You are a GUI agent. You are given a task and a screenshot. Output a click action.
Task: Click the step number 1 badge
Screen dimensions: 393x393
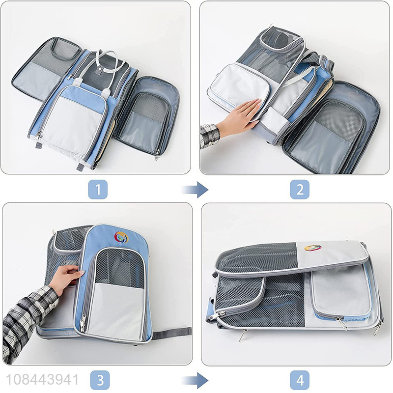click(x=98, y=189)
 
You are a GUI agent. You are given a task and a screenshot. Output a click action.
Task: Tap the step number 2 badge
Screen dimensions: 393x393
click(x=300, y=189)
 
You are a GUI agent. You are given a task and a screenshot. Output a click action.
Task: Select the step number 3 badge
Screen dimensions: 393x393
click(x=100, y=380)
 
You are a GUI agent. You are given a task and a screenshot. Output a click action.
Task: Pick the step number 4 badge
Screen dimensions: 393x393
click(x=300, y=380)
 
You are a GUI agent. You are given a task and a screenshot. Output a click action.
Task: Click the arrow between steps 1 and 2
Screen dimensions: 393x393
click(x=195, y=190)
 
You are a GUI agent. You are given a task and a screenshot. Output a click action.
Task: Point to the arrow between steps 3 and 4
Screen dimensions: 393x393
click(x=195, y=380)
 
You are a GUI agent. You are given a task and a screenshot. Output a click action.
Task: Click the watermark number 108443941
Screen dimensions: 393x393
click(x=42, y=380)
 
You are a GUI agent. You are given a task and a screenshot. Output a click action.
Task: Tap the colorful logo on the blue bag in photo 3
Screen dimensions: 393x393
click(x=121, y=237)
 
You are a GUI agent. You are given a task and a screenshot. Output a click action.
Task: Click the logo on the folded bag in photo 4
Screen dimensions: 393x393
click(x=313, y=248)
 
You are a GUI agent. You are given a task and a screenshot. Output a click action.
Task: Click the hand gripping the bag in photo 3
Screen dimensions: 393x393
click(x=66, y=278)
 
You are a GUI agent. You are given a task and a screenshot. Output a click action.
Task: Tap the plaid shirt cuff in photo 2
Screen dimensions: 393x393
click(x=210, y=136)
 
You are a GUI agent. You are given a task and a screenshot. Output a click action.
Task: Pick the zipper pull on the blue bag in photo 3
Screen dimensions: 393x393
click(x=83, y=323)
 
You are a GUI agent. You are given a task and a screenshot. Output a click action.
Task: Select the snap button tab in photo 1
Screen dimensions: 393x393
click(x=100, y=71)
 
